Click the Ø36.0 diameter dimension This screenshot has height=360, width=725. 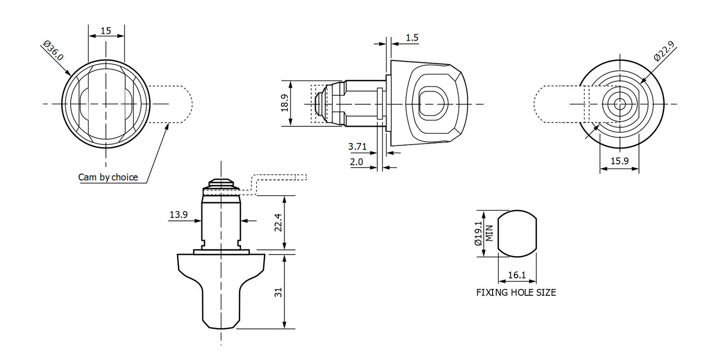[x=53, y=51]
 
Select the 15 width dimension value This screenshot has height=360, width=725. [x=106, y=31]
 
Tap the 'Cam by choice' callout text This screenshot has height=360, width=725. [x=108, y=177]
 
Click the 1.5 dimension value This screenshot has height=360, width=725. [x=412, y=38]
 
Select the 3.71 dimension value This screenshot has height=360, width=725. [x=357, y=146]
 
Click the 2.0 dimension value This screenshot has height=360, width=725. [x=356, y=162]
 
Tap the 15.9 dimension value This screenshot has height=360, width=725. [x=619, y=161]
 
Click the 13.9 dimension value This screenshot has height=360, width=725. [x=178, y=215]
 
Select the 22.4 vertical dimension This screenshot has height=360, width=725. [x=278, y=223]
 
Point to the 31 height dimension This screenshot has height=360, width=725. [x=278, y=292]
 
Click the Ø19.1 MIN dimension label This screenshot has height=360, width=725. [x=483, y=233]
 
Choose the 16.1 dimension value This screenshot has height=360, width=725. [x=517, y=275]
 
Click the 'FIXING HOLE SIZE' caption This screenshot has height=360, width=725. [x=516, y=292]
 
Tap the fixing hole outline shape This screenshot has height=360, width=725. [x=517, y=233]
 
